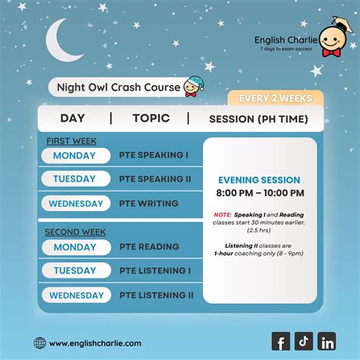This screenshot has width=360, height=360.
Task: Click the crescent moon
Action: point(61,43)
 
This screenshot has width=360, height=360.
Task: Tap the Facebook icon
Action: point(280,342)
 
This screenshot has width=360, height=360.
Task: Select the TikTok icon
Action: point(304,342)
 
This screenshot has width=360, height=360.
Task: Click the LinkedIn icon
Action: point(327,342)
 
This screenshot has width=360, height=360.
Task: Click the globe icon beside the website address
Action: point(39,343)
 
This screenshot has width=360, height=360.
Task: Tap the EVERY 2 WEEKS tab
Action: point(275,98)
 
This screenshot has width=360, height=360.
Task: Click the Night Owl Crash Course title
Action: point(118,87)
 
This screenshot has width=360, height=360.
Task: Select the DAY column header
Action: point(73,118)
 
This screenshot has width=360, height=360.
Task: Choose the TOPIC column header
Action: point(150,118)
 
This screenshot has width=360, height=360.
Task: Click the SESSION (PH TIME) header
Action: point(258,119)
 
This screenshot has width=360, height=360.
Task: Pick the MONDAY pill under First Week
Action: point(75,156)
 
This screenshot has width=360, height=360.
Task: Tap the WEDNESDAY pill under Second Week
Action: point(75,295)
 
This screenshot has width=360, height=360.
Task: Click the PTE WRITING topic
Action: point(148,204)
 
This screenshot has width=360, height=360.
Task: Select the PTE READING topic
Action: point(149,247)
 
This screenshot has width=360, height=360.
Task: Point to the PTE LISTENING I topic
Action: point(154,271)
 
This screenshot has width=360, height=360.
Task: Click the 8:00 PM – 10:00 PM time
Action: point(259,194)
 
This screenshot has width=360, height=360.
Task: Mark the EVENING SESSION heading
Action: point(259,180)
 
